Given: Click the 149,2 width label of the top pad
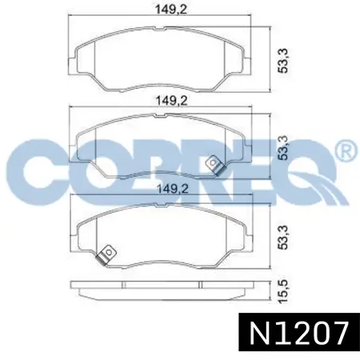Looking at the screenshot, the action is click(171, 10).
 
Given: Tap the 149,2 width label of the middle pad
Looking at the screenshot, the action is click(171, 101).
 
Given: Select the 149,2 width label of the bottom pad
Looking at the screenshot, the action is click(172, 189).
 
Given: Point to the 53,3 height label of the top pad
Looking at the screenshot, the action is click(283, 61).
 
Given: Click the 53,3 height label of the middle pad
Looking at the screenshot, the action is click(283, 148).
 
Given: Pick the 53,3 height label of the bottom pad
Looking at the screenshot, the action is click(283, 238).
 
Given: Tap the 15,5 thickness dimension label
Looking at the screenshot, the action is click(283, 291).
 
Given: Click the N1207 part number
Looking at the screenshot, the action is click(299, 333).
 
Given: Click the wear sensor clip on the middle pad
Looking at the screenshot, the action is click(216, 165).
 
